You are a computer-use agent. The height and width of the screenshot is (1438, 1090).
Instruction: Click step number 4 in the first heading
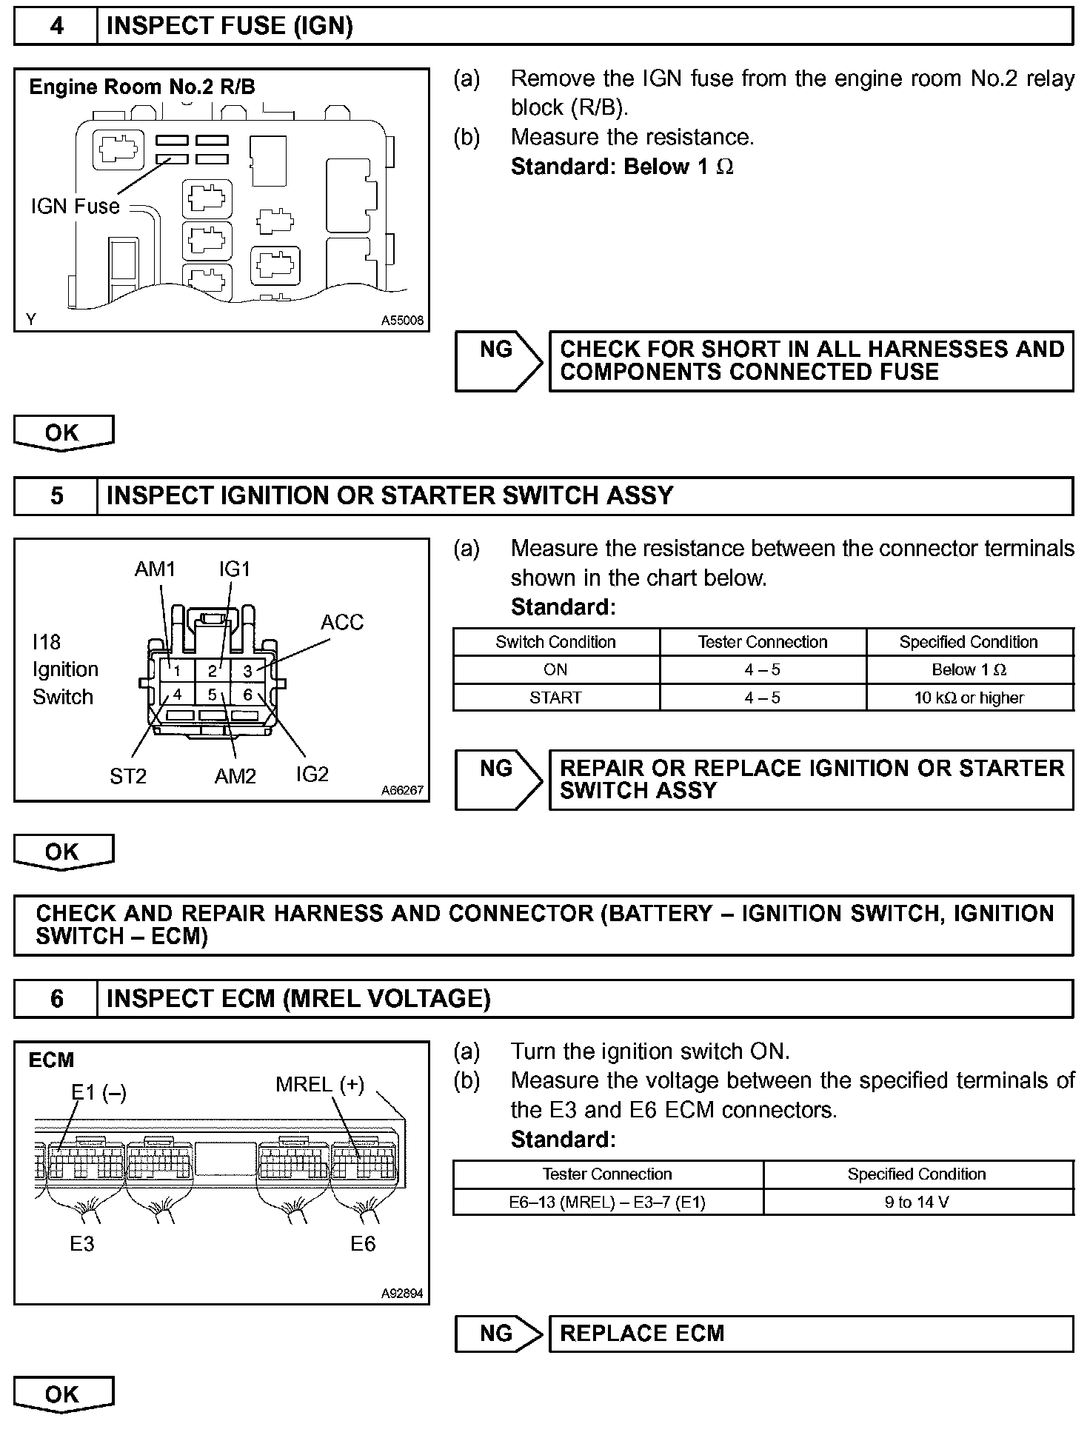coord(56,27)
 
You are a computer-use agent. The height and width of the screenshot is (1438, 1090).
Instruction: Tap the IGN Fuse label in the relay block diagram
coord(75,206)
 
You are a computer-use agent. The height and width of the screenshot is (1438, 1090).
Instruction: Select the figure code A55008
coord(402,321)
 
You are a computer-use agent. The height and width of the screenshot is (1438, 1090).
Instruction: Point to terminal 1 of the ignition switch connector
coord(178,670)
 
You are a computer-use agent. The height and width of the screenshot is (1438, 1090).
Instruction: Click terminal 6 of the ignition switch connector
coord(248,695)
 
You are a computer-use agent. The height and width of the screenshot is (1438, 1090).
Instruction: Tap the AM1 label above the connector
coord(155,569)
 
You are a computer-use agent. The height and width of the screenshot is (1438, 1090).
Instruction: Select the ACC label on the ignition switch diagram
coord(342,622)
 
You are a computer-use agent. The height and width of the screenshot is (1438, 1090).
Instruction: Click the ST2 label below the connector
coord(128,776)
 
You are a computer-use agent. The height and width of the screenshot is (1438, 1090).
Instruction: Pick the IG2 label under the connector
coord(312,774)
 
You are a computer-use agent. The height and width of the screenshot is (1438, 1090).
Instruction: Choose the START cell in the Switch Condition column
coord(555,698)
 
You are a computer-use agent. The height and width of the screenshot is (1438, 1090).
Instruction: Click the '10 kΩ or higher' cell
coord(969,698)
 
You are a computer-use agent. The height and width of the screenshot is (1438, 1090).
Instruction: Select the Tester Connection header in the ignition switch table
coord(762,642)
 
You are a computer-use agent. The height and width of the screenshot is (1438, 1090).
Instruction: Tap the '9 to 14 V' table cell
coord(917,1202)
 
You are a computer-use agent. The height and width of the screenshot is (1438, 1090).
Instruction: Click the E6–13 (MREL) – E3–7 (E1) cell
coord(607,1202)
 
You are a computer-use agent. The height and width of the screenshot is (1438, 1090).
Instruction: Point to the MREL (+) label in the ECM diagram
coord(320,1085)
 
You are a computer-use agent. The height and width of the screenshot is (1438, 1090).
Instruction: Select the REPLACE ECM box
coord(810,1334)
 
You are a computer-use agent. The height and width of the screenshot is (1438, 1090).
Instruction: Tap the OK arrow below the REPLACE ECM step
coord(63,1394)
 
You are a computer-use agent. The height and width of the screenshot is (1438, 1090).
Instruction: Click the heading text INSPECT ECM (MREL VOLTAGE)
coord(298,999)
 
